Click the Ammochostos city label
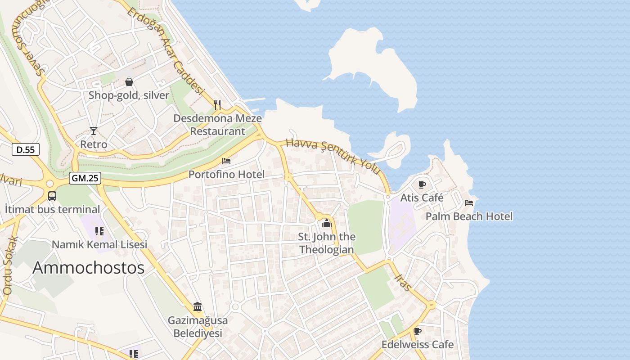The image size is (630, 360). (x=88, y=268)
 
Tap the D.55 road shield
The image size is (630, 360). (x=26, y=149)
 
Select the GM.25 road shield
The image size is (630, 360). (x=85, y=178)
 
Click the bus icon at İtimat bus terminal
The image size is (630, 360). (x=52, y=196)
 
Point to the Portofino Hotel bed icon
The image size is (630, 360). (x=226, y=161)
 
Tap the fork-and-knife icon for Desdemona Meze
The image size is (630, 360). (x=217, y=105)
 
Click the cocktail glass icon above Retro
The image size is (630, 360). (x=93, y=131)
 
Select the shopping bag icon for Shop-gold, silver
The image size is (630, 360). (x=129, y=82)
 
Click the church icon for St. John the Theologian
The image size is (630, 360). (x=327, y=223)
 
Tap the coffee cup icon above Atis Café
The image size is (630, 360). (x=422, y=184)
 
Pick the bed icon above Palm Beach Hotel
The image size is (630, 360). (x=469, y=203)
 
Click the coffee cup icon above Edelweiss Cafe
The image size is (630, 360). (x=418, y=331)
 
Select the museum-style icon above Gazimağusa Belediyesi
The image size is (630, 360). (x=198, y=307)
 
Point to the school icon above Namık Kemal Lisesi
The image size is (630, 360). (x=99, y=231)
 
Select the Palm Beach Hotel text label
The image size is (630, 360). (x=469, y=216)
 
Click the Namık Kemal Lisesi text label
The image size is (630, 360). (x=99, y=245)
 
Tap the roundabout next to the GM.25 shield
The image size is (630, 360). (x=50, y=184)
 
